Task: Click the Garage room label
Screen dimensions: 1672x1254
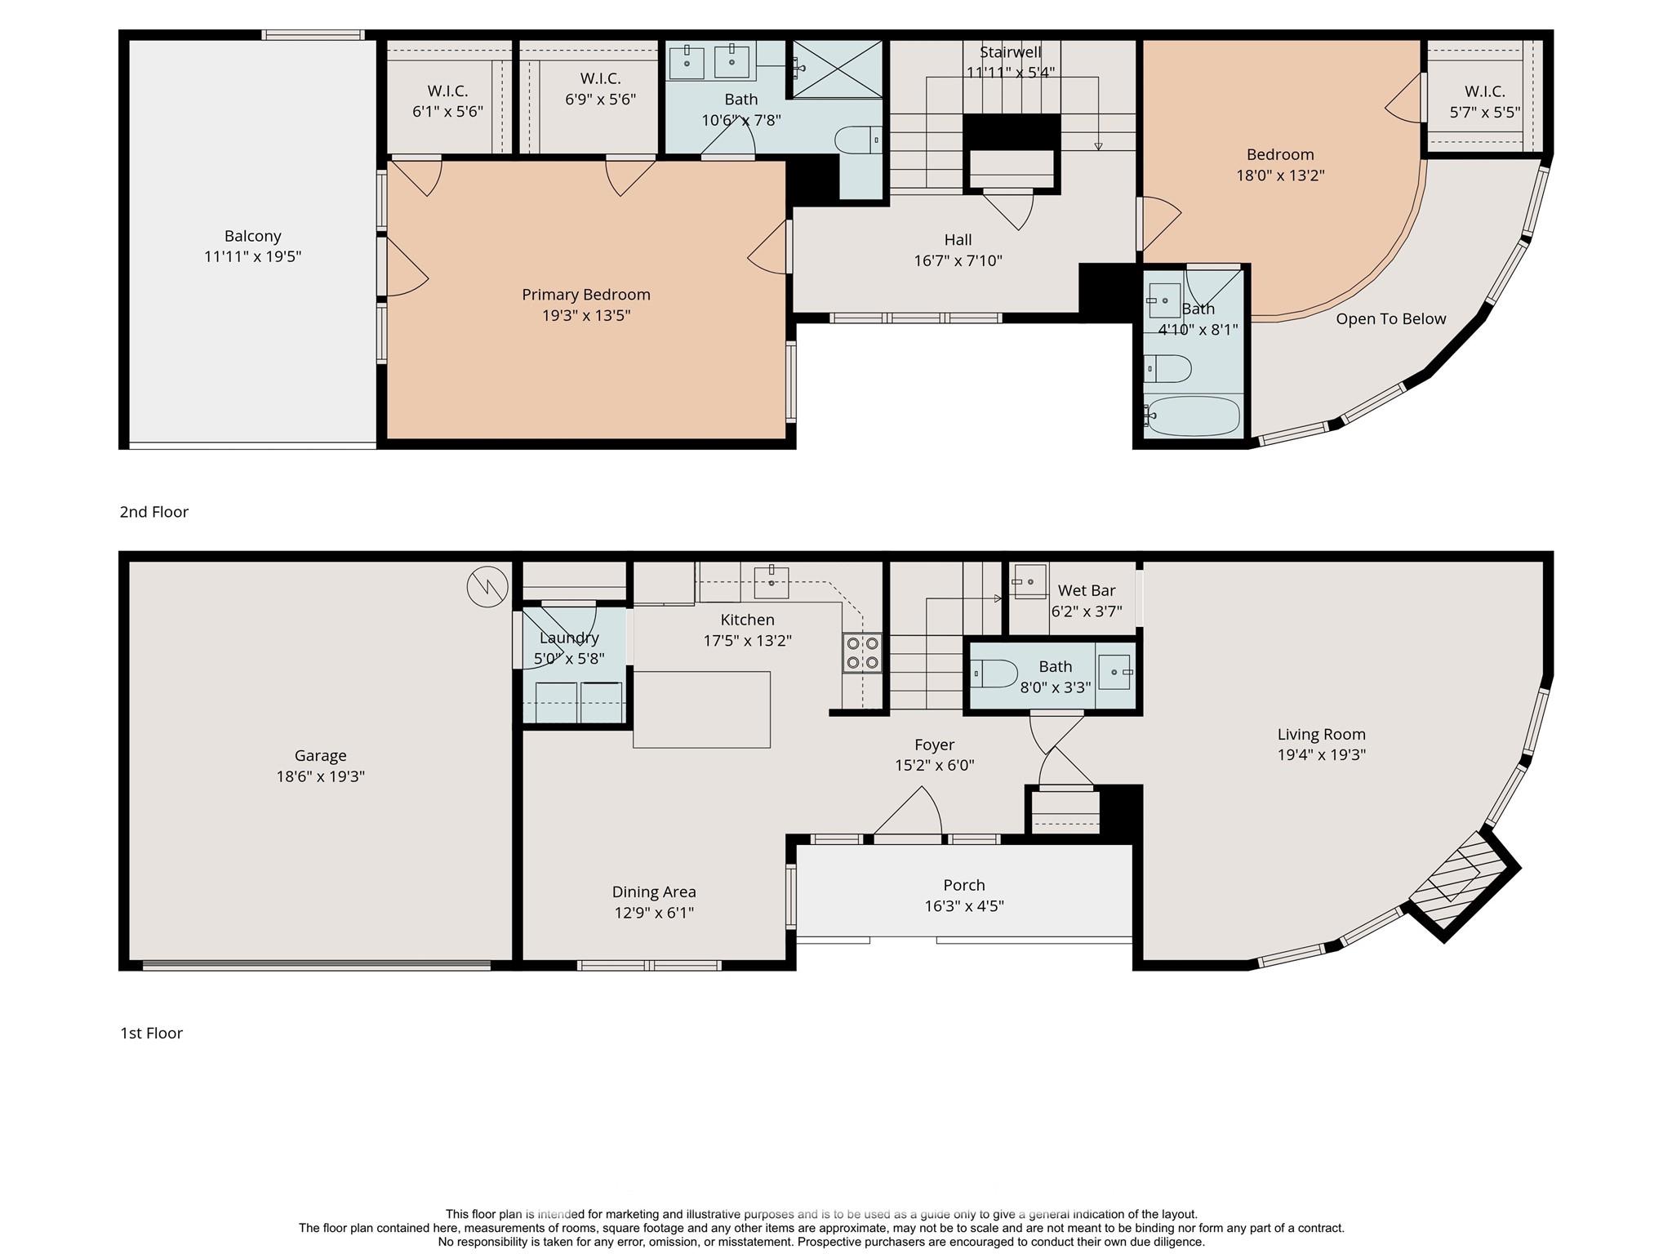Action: pos(321,756)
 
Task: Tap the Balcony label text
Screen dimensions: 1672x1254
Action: pos(253,236)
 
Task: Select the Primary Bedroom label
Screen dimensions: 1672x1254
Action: pos(586,295)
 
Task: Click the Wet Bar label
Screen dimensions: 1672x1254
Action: pos(1087,590)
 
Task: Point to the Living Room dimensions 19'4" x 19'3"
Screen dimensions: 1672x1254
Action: pos(1322,755)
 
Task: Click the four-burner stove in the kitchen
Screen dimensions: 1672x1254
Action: pos(862,652)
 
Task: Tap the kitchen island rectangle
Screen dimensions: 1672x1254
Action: pos(702,709)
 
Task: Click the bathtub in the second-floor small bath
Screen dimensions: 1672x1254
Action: pos(1192,416)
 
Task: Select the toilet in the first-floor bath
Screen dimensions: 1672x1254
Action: pos(994,674)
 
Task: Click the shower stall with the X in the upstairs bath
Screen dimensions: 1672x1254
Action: pos(835,68)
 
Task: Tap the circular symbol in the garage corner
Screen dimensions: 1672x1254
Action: pos(487,586)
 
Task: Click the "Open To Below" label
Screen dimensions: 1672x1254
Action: pos(1391,319)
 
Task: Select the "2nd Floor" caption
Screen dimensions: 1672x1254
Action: pos(154,512)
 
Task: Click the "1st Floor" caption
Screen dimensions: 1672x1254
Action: pos(152,1033)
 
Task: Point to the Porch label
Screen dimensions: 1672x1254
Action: pos(964,885)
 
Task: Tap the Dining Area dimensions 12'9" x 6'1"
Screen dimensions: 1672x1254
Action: pos(654,913)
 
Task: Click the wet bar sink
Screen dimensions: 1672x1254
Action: pos(1029,581)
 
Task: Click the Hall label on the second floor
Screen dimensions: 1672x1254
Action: pos(958,240)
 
